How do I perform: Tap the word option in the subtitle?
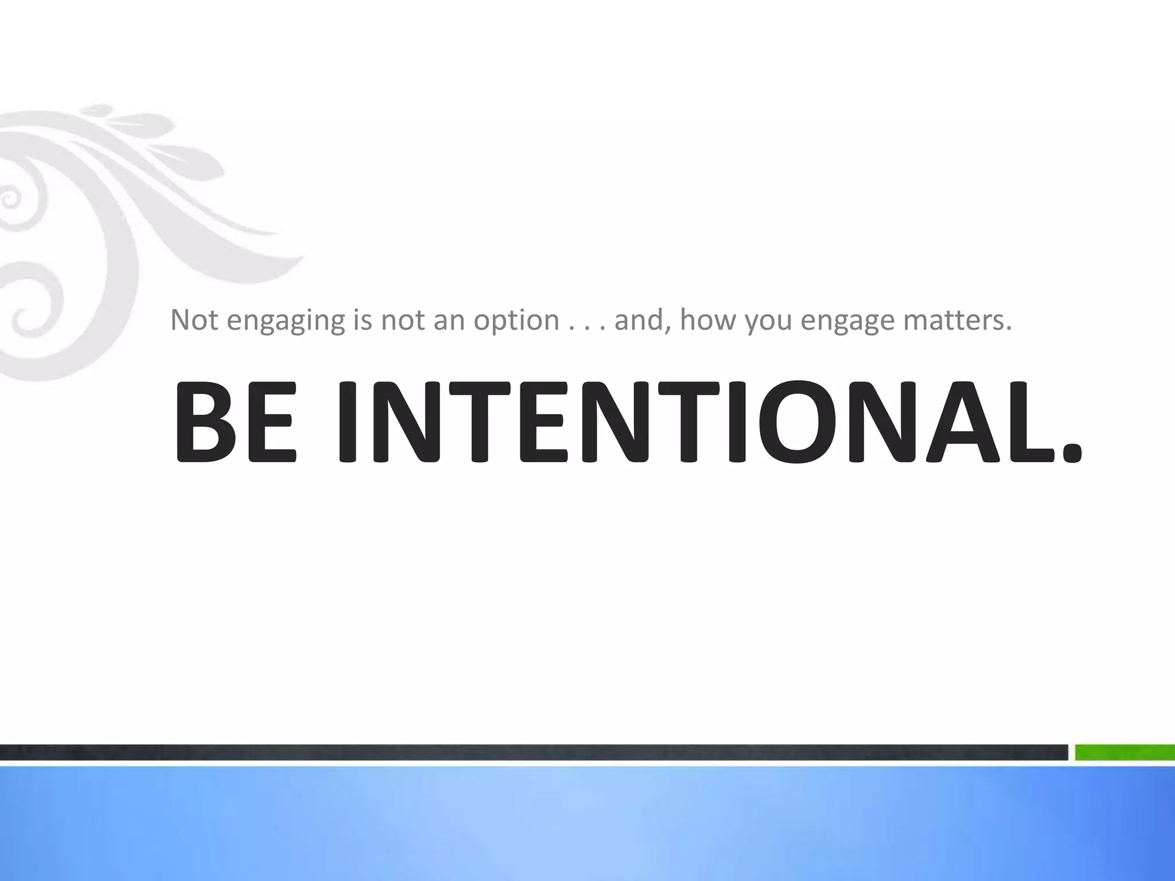516,321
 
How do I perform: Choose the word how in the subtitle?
709,320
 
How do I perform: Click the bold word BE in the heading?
235,422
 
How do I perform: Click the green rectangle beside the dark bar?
1125,752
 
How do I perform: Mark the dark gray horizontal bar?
534,752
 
